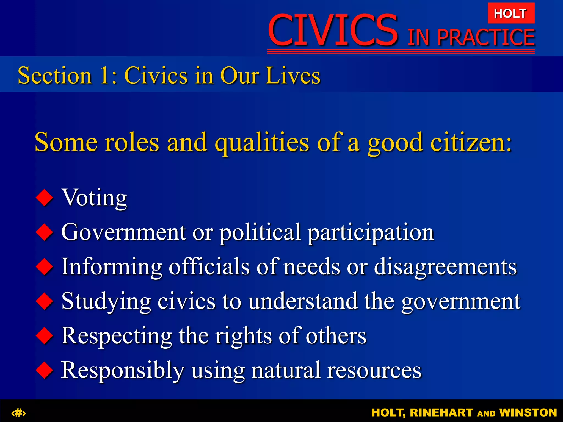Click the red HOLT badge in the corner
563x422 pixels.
coord(511,13)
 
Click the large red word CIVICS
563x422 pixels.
coord(333,30)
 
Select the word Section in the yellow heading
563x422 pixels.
coord(55,75)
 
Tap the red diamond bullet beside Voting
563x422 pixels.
coord(44,198)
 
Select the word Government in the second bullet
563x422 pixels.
coord(123,232)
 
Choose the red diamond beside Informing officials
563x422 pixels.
coord(44,266)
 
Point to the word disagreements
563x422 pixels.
coord(445,266)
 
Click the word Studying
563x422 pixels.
coord(106,302)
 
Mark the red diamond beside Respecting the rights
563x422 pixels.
coord(44,336)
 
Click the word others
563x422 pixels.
coord(336,336)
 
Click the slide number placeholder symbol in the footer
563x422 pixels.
coord(18,413)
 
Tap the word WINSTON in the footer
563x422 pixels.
coord(528,413)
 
